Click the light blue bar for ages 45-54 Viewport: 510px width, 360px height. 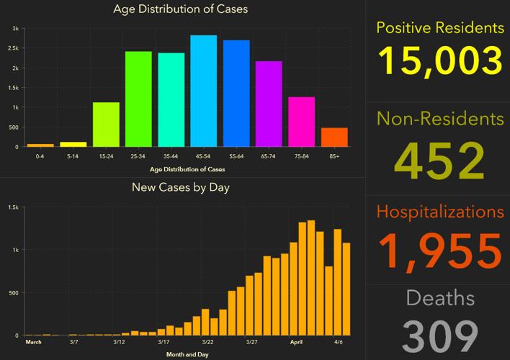204,91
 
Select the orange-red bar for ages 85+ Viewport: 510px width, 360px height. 334,138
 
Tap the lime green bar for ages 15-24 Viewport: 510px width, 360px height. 106,125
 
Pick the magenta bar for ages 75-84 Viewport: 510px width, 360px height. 302,122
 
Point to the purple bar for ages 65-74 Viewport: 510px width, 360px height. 269,104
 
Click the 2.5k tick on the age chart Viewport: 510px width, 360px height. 14,48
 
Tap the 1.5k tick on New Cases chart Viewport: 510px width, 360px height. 13,207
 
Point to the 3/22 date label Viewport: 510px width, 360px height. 207,342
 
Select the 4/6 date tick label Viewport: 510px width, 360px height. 338,342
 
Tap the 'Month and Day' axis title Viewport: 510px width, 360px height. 187,354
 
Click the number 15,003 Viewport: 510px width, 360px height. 439,60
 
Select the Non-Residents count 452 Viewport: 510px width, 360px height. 439,160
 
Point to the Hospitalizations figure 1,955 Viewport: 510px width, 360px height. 439,251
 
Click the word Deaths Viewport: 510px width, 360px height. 439,298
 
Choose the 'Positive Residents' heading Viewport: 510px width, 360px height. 439,28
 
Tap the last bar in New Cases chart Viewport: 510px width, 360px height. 346,289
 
